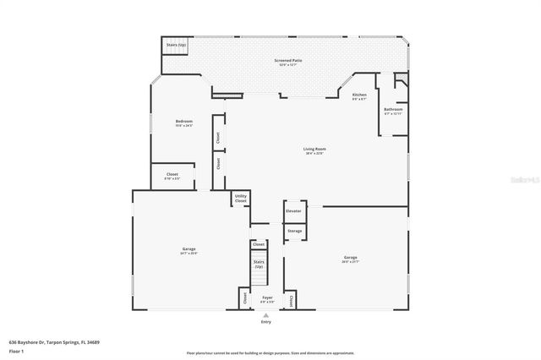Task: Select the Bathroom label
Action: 393,111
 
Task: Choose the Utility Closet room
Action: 241,199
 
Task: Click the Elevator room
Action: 293,211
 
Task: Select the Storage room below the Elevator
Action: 294,231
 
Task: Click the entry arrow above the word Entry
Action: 266,315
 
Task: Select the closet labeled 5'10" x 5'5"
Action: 172,177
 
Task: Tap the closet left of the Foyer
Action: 245,297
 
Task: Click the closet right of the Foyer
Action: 291,299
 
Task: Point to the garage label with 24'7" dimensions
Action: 189,251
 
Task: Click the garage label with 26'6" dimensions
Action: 350,259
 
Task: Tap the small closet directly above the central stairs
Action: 259,244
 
